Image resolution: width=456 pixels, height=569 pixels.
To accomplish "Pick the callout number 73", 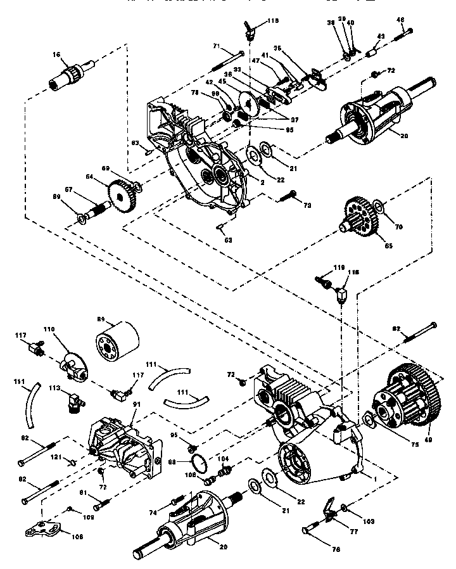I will tap(307, 206).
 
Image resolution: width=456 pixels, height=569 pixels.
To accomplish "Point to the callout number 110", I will tap(66, 330).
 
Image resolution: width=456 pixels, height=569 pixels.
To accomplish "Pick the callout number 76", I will tap(324, 542).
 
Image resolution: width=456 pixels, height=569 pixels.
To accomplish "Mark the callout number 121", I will tap(57, 457).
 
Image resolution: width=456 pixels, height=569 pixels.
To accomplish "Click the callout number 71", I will tap(216, 46).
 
